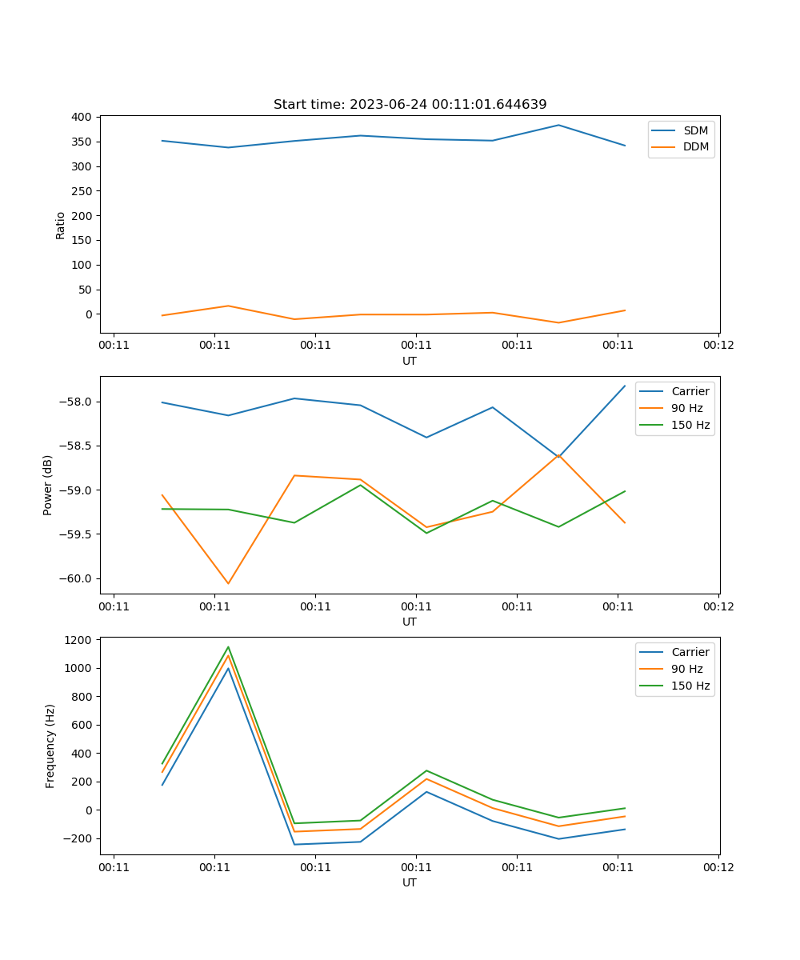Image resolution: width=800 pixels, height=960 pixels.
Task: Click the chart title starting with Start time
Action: pyautogui.click(x=410, y=105)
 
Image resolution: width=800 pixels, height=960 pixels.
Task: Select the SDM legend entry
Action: pyautogui.click(x=695, y=130)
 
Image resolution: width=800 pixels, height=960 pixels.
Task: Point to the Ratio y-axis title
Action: pyautogui.click(x=61, y=225)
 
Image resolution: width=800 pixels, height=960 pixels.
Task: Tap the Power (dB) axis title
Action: pyautogui.click(x=48, y=485)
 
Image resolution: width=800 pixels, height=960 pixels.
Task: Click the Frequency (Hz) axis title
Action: pyautogui.click(x=50, y=746)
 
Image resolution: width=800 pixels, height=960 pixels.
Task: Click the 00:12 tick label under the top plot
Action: pyautogui.click(x=718, y=346)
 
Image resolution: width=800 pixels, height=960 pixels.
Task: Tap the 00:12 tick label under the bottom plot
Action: pyautogui.click(x=718, y=867)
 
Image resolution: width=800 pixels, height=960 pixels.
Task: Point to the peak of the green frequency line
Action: pyautogui.click(x=228, y=647)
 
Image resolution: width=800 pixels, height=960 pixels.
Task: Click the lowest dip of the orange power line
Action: pyautogui.click(x=228, y=583)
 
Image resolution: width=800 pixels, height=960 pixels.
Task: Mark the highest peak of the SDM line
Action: pyautogui.click(x=558, y=125)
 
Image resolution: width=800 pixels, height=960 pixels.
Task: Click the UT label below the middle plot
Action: pyautogui.click(x=410, y=622)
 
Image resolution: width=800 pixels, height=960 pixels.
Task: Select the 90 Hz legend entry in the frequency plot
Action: pyautogui.click(x=689, y=669)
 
